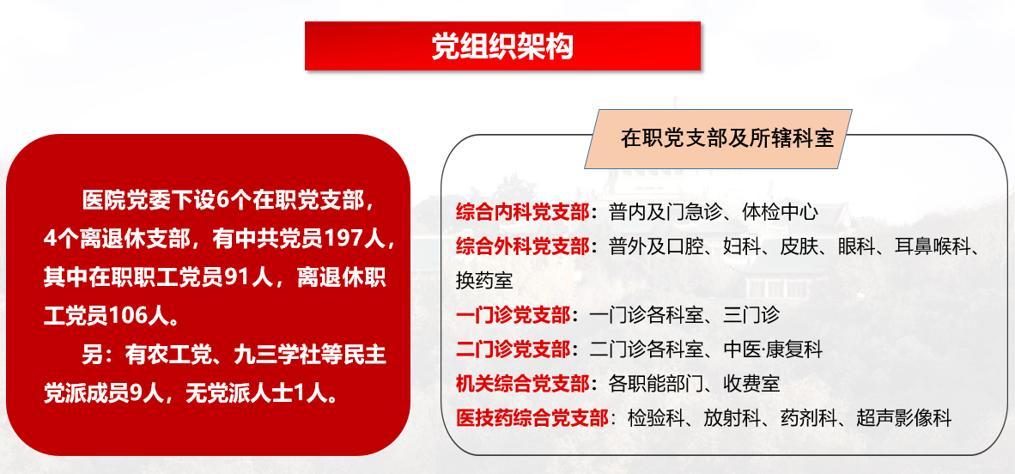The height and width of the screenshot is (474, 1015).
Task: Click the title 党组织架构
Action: coord(503,46)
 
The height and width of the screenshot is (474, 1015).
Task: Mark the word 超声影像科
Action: coord(904,417)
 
